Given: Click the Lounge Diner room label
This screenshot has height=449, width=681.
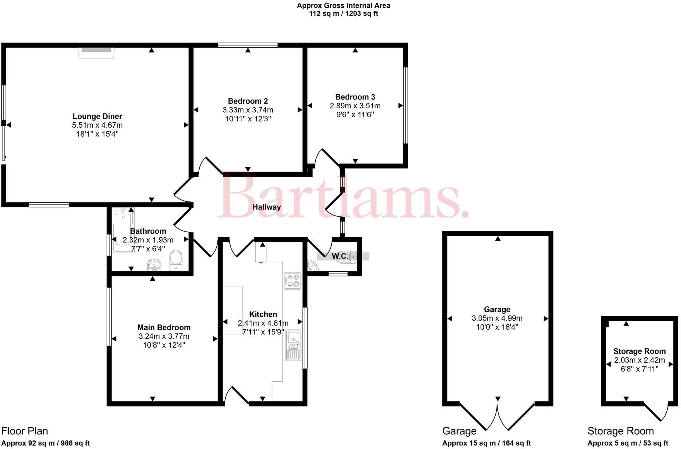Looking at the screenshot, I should tap(97, 116).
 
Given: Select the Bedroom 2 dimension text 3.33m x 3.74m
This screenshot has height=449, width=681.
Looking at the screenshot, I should tap(248, 110).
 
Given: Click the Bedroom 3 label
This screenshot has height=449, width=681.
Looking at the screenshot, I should tap(355, 97).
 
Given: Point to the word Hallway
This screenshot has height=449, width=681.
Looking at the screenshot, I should tap(267, 207).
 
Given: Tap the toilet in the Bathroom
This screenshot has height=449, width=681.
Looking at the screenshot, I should tap(176, 260).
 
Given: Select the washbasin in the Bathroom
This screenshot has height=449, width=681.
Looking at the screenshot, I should tap(154, 265).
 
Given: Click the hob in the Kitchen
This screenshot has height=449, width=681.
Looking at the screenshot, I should tap(292, 281).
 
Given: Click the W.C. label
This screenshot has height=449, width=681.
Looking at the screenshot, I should tap(340, 256).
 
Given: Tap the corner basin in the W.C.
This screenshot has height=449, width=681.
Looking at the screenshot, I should tap(312, 266).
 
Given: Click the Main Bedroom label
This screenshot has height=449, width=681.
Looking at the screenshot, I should tap(164, 327).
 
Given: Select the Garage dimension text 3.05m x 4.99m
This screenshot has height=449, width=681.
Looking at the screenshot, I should tap(497, 318).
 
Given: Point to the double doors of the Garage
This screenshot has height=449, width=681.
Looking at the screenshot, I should tap(498, 417).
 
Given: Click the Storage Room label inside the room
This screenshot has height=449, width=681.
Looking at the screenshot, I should tap(639, 351).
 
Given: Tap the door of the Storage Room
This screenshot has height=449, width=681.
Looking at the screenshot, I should tap(657, 413).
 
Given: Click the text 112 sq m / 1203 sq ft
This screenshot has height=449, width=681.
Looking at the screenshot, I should tap(343, 14).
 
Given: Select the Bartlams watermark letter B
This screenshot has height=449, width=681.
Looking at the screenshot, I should tap(239, 196).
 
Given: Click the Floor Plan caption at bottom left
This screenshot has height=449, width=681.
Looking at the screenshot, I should tap(25, 431).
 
